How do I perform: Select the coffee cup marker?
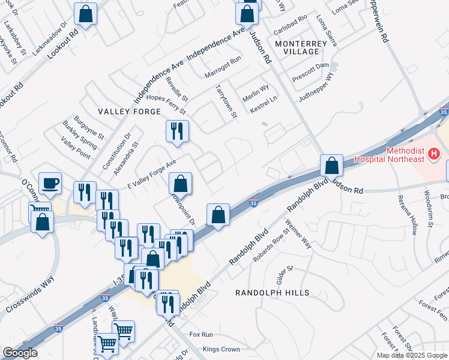[x=50, y=182]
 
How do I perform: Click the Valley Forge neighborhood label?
[x=130, y=112]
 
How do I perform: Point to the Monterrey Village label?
[x=297, y=48]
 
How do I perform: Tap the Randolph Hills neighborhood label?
[x=272, y=293]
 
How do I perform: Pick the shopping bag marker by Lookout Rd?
[x=86, y=13]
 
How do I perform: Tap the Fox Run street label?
[x=200, y=334]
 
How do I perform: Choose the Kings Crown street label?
[x=221, y=349]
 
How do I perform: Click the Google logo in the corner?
[x=20, y=353]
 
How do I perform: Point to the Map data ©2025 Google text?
[x=412, y=355]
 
